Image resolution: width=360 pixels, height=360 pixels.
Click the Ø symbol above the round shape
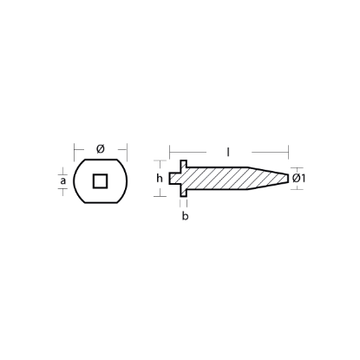pyautogui.click(x=100, y=149)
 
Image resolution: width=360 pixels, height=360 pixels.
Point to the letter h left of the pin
pyautogui.click(x=159, y=179)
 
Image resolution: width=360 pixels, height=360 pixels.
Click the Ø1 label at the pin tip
pyautogui.click(x=298, y=179)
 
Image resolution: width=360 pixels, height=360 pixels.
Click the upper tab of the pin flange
pyautogui.click(x=185, y=164)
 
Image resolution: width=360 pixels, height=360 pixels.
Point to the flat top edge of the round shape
pyautogui.click(x=100, y=158)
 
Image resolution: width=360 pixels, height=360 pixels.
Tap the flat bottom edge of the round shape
pyautogui.click(x=100, y=203)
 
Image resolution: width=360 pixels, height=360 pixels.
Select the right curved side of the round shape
pyautogui.click(x=125, y=180)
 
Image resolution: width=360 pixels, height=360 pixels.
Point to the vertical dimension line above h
pyautogui.click(x=159, y=166)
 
